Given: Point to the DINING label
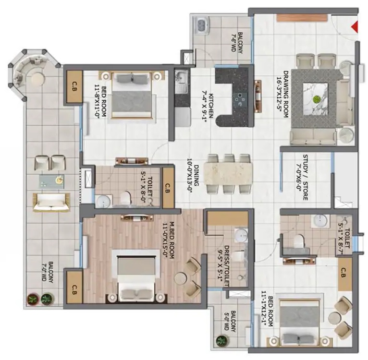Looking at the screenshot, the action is pyautogui.click(x=196, y=175).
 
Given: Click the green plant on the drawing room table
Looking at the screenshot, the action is pyautogui.click(x=317, y=99).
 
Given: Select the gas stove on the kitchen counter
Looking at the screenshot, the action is pyautogui.click(x=240, y=99).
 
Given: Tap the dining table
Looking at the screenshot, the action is pyautogui.click(x=229, y=174).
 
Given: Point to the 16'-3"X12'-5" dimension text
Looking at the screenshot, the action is pyautogui.click(x=279, y=94).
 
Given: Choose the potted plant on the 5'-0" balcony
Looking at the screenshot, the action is pyautogui.click(x=221, y=340).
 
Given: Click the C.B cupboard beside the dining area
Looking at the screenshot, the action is pyautogui.click(x=168, y=188).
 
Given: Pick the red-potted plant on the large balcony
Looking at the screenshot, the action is pyautogui.click(x=33, y=299).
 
